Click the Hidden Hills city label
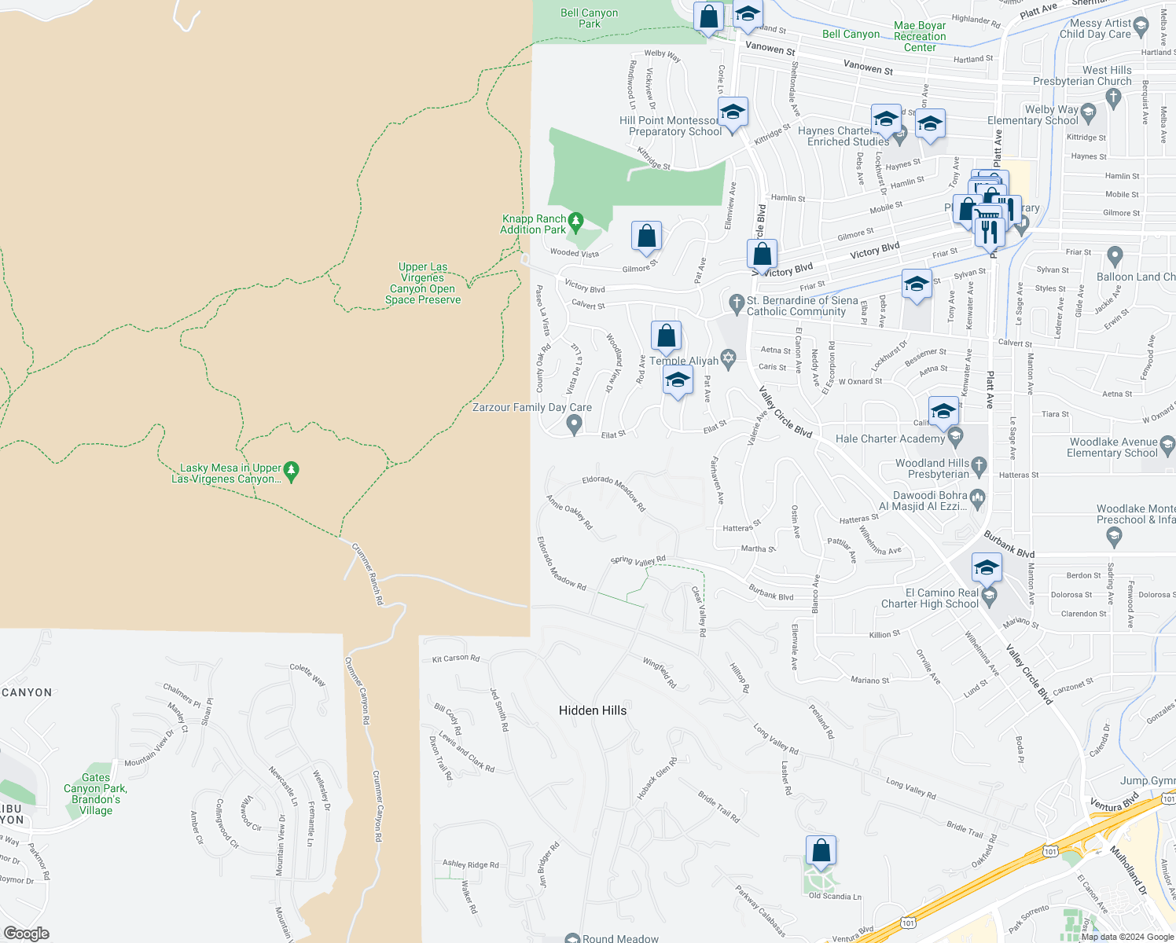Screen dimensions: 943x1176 tap(593, 710)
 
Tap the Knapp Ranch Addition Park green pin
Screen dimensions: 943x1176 tap(575, 222)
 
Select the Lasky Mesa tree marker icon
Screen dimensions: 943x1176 tap(292, 471)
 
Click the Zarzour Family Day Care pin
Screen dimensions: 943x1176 tap(575, 424)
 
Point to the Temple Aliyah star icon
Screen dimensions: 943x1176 tap(728, 360)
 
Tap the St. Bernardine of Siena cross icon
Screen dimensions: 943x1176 tap(737, 303)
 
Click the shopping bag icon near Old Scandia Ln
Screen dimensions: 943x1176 tap(821, 850)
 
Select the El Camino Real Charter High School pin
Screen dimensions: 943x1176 tap(990, 597)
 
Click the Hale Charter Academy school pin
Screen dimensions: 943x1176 tap(956, 436)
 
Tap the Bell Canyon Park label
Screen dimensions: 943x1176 tap(590, 18)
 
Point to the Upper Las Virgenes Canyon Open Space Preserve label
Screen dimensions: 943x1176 tap(423, 284)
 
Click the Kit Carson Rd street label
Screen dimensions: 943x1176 tap(456, 659)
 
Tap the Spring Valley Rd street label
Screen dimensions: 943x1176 tap(638, 560)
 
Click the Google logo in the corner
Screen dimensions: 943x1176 tap(27, 934)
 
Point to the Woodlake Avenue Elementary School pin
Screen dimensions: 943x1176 tap(1167, 445)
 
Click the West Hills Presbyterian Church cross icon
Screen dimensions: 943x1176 tap(1112, 97)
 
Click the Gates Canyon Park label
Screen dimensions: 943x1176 tap(95, 794)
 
